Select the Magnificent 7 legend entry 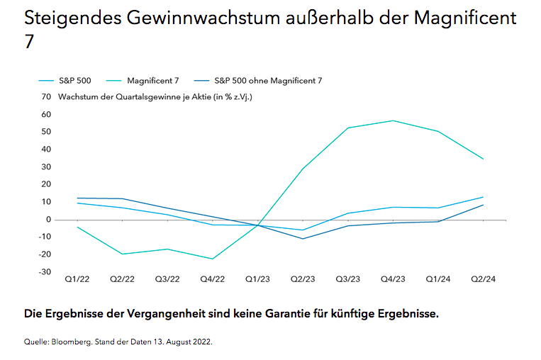(152, 81)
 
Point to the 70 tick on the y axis (46, 96)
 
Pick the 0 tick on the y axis (49, 220)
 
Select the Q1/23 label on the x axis (257, 279)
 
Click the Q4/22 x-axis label (212, 279)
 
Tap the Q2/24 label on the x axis (483, 279)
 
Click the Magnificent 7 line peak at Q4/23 (393, 120)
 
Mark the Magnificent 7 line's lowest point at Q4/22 (212, 259)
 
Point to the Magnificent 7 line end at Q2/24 (484, 159)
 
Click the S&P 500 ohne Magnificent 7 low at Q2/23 (303, 239)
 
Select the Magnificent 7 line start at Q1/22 (77, 227)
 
